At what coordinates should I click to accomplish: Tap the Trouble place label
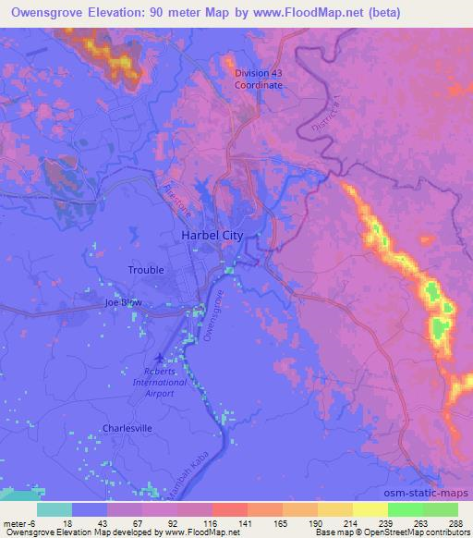pyautogui.click(x=146, y=270)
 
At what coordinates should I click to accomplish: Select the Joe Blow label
pyautogui.click(x=126, y=302)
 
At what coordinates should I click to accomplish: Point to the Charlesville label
pyautogui.click(x=127, y=428)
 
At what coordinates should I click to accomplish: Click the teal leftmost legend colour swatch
pyautogui.click(x=55, y=509)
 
